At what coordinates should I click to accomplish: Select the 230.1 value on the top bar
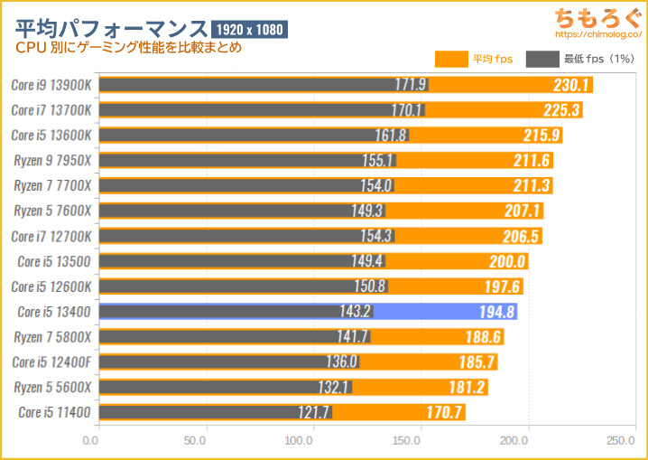572,85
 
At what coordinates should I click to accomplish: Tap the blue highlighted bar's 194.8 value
497,312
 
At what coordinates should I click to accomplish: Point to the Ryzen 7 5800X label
52,337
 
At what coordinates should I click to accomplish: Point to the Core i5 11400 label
54,413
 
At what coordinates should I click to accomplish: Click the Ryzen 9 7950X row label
52,160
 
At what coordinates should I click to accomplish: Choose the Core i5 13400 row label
54,312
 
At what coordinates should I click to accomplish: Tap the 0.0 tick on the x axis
90,441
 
